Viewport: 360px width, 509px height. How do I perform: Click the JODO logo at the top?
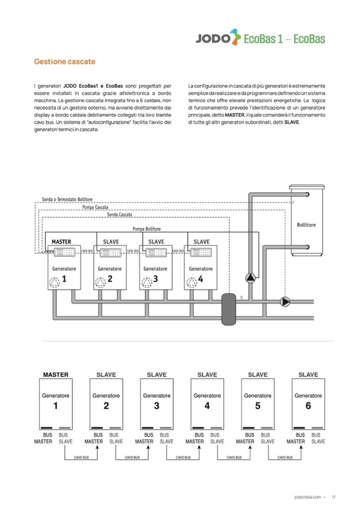pyautogui.click(x=214, y=38)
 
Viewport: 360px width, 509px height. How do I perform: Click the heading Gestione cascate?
pyautogui.click(x=65, y=62)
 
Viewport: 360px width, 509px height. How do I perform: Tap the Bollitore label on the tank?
pyautogui.click(x=306, y=225)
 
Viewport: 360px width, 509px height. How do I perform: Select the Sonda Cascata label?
pyautogui.click(x=119, y=214)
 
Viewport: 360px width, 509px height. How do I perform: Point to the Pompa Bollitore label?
pyautogui.click(x=147, y=229)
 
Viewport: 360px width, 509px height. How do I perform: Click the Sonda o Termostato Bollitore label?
pyautogui.click(x=67, y=200)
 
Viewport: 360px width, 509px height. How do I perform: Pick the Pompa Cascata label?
pyautogui.click(x=96, y=207)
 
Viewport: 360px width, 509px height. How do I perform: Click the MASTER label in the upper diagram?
pyautogui.click(x=61, y=241)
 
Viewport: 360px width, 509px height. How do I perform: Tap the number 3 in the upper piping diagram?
pyautogui.click(x=155, y=279)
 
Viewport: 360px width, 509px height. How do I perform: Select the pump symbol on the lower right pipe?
pyautogui.click(x=285, y=301)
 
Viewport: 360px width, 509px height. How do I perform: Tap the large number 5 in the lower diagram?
pyautogui.click(x=258, y=406)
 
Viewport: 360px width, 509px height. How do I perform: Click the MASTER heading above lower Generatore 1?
pyautogui.click(x=55, y=375)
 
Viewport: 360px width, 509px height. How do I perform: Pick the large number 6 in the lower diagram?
pyautogui.click(x=308, y=406)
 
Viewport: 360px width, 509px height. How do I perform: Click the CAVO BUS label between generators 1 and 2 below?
pyautogui.click(x=81, y=456)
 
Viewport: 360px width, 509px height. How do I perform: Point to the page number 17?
pyautogui.click(x=333, y=497)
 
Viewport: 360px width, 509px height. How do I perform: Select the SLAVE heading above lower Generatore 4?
pyautogui.click(x=207, y=375)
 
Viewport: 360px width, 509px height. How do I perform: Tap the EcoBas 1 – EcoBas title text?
pyautogui.click(x=284, y=38)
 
